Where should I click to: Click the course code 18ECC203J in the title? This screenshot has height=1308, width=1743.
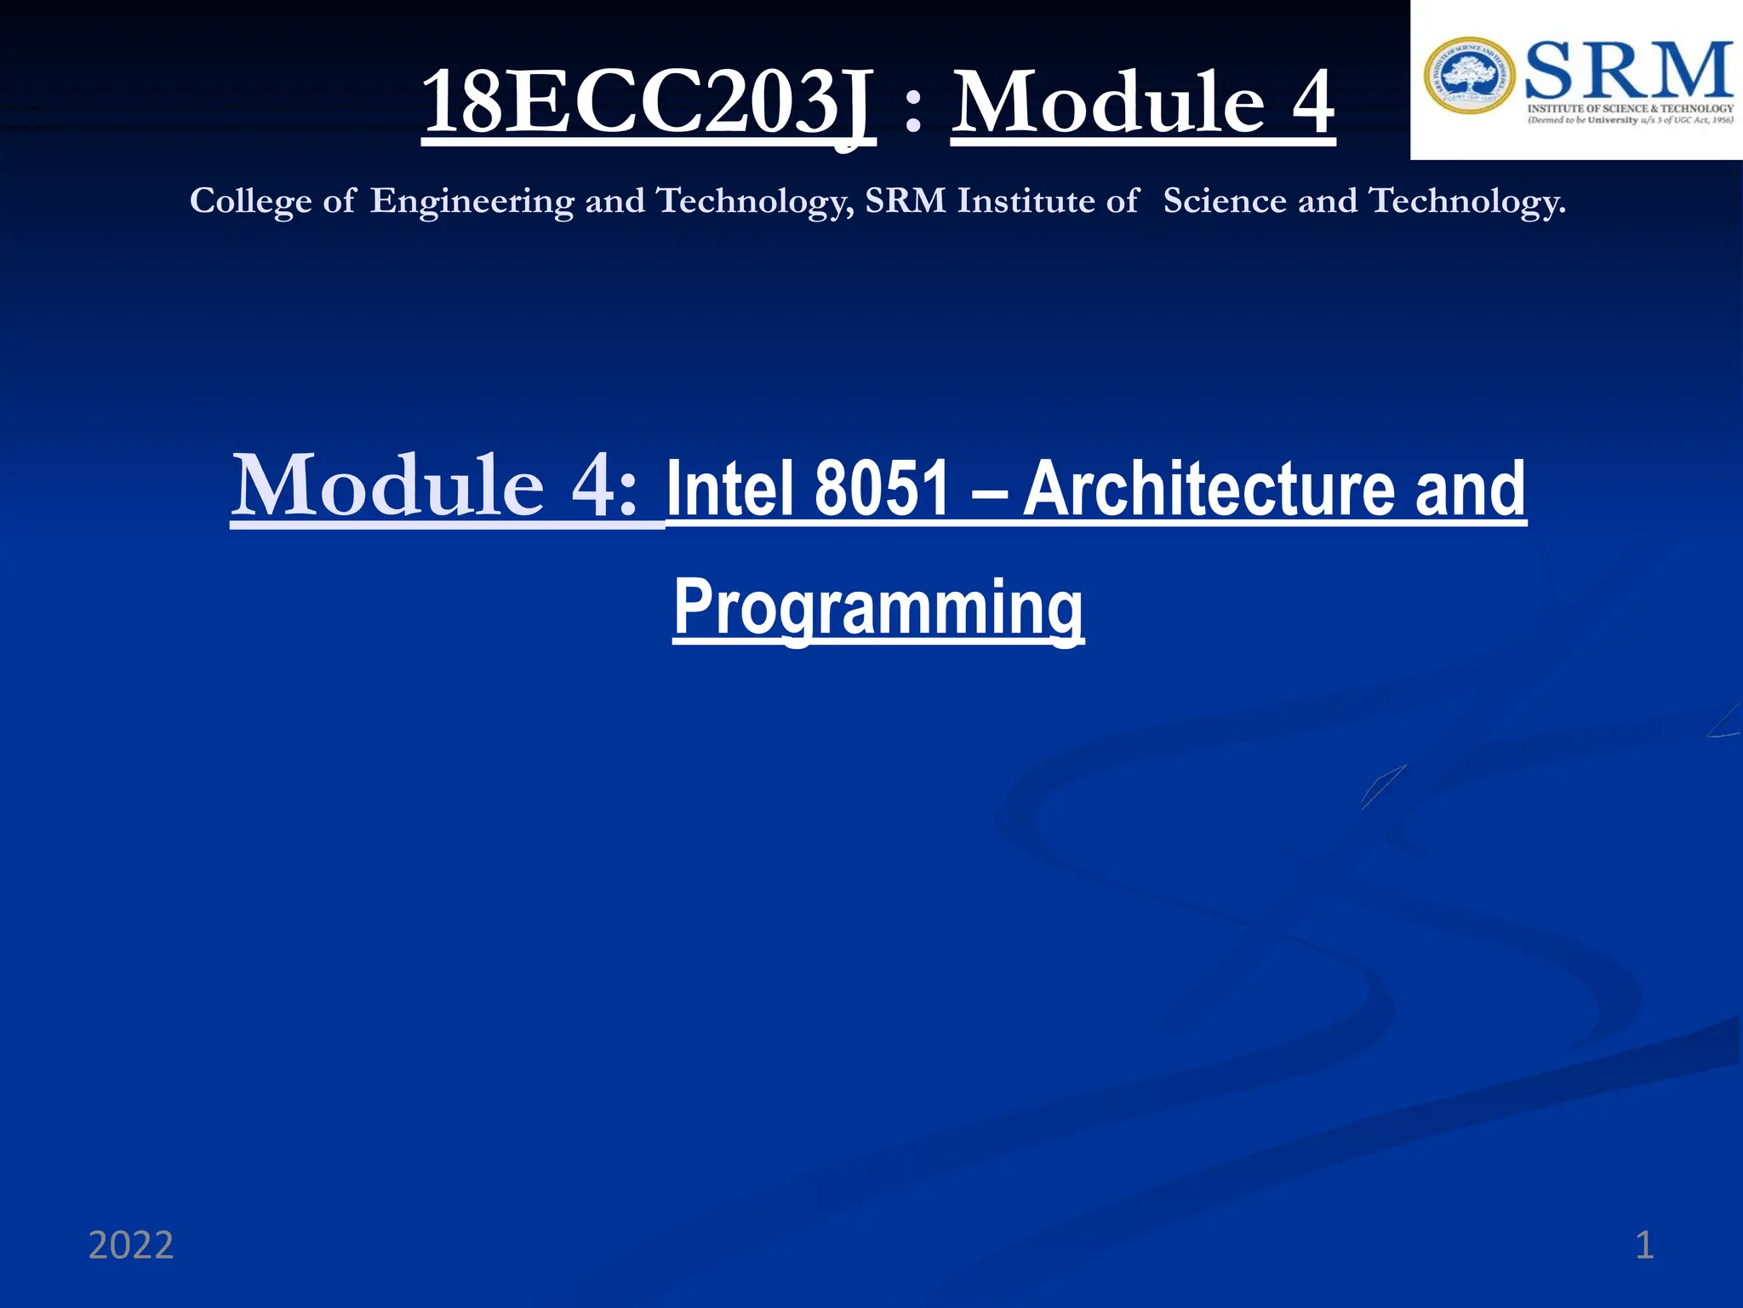[x=648, y=103]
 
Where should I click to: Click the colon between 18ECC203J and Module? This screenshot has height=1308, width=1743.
[x=913, y=112]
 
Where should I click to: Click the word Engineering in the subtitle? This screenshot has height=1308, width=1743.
[x=472, y=202]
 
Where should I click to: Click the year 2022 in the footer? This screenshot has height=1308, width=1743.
[x=131, y=1245]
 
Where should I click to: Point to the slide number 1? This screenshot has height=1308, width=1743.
[x=1644, y=1245]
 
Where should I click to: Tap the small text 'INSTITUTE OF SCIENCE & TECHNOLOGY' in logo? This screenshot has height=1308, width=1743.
[x=1630, y=108]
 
